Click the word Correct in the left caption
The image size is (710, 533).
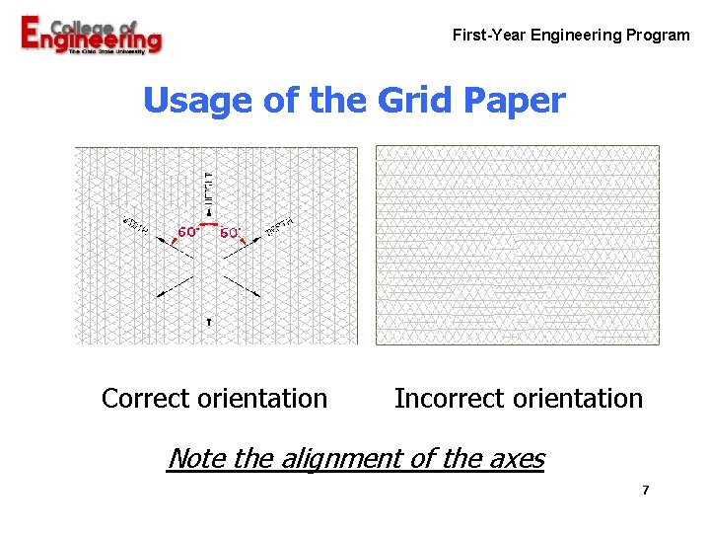146,399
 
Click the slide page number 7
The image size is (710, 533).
645,491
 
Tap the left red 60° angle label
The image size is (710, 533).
187,232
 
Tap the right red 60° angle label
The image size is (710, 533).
230,232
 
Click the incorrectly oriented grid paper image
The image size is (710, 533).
518,245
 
